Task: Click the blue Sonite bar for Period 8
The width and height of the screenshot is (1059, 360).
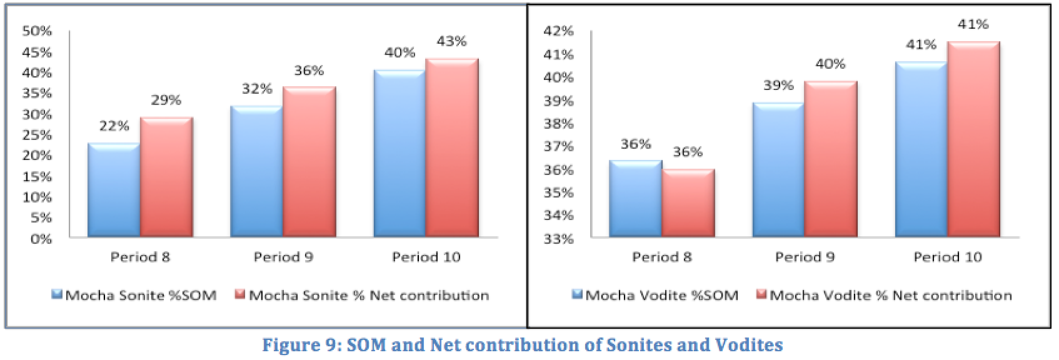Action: (114, 191)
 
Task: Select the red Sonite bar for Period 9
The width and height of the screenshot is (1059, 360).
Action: (309, 162)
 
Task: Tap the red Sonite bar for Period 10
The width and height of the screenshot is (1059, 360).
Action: (451, 148)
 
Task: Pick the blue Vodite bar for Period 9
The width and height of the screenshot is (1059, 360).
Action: (778, 170)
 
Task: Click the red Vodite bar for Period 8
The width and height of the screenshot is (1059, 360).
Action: (688, 203)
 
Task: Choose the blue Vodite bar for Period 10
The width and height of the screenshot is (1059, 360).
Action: (921, 149)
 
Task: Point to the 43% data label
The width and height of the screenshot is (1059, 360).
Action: (451, 41)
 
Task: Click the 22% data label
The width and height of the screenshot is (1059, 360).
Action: (114, 126)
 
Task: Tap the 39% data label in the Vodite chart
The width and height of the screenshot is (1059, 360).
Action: (778, 86)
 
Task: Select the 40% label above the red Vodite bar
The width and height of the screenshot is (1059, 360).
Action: (830, 64)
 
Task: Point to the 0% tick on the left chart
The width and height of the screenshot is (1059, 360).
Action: (41, 238)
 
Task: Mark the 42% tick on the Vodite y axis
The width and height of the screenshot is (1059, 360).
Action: (559, 31)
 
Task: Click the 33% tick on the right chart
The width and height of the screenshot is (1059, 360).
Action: (559, 238)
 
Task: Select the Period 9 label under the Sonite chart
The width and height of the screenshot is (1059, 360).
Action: (283, 257)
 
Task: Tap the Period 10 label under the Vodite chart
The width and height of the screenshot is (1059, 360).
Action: (948, 257)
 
